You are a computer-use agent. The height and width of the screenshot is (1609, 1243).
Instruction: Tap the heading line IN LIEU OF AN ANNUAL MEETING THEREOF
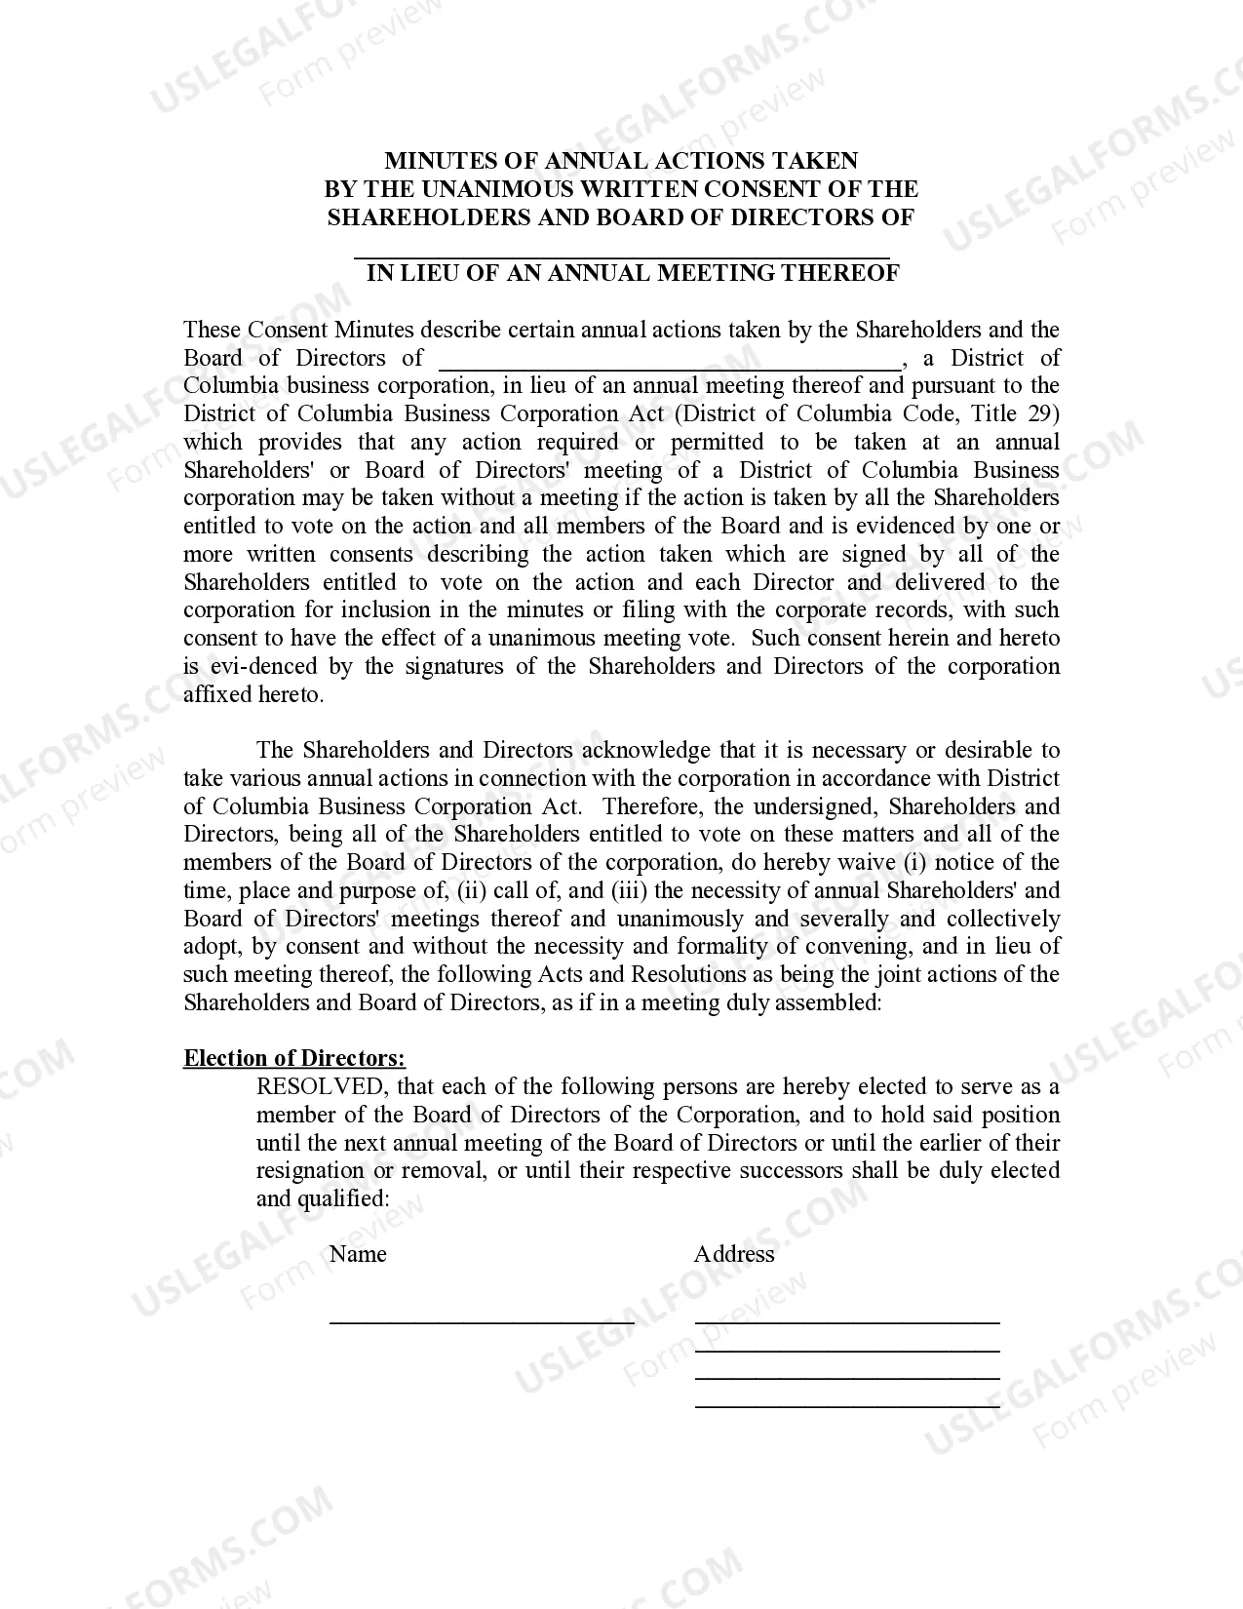[633, 273]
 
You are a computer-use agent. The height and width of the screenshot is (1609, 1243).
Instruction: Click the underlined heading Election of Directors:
[294, 1059]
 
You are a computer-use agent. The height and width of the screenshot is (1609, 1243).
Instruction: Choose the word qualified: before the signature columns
[347, 1199]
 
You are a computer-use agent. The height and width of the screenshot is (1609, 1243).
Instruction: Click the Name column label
[358, 1255]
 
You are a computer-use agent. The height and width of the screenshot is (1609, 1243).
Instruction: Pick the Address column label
[734, 1255]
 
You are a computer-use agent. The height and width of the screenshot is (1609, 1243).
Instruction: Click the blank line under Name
[482, 1321]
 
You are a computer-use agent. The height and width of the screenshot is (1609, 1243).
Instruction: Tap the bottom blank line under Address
[847, 1406]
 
